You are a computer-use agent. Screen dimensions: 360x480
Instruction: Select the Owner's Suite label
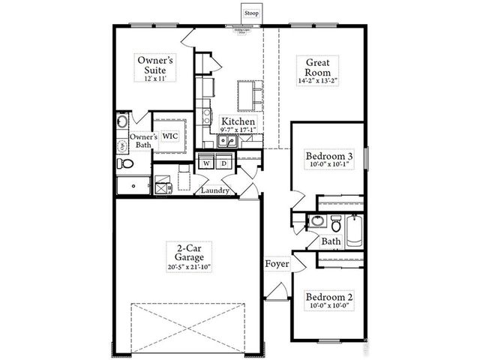(155, 64)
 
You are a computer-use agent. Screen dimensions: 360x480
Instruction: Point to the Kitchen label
(238, 121)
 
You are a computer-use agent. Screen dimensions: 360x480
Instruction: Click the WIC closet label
(170, 136)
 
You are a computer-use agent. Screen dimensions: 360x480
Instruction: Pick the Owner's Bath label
(143, 142)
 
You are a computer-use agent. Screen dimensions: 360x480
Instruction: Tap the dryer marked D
(223, 163)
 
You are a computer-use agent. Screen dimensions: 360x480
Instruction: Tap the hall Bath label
(331, 241)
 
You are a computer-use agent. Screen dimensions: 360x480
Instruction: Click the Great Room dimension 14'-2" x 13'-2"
(313, 79)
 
